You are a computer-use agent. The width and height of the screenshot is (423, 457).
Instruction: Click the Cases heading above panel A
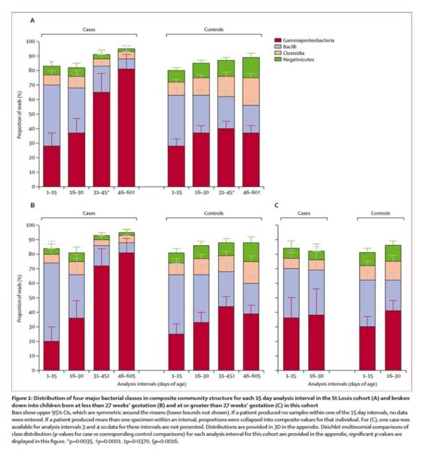click(89, 30)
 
